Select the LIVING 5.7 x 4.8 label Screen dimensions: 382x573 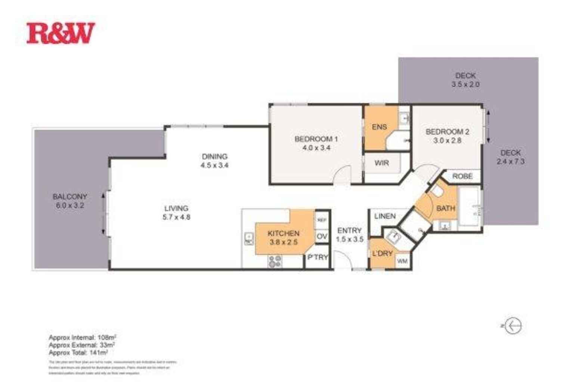(176, 212)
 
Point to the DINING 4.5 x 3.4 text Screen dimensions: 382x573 (214, 161)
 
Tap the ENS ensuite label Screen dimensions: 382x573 (379, 127)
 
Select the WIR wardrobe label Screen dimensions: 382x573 (381, 163)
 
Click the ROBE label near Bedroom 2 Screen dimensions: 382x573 (462, 176)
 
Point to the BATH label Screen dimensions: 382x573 (446, 208)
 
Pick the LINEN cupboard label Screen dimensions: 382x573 (385, 216)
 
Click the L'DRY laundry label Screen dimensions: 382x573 (382, 254)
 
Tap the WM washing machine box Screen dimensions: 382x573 (402, 261)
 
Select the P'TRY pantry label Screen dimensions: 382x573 (317, 257)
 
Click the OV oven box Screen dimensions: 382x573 (322, 236)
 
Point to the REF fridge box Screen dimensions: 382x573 (322, 220)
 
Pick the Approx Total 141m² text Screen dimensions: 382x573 (78, 352)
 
